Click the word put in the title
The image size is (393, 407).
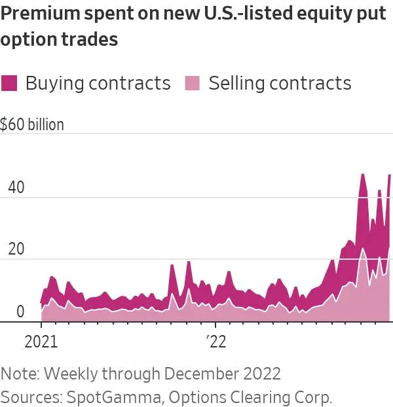coord(377,14)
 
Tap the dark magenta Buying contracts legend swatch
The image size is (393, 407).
coord(10,83)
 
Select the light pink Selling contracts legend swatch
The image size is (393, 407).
coord(193,83)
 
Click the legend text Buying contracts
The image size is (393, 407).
coord(98,83)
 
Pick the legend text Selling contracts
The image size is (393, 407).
coord(280,83)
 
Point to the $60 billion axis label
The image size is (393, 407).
coord(32,124)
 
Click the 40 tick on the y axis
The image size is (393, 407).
coord(16,186)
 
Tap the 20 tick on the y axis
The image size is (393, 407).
coord(16,249)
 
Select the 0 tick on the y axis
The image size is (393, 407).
coord(20,311)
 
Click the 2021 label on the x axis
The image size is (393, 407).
coord(41,342)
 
